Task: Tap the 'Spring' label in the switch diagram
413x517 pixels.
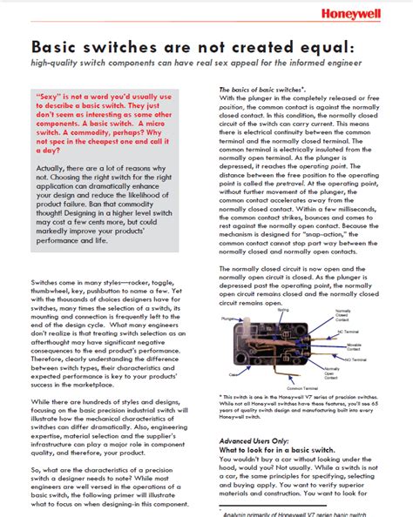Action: tap(283, 309)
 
